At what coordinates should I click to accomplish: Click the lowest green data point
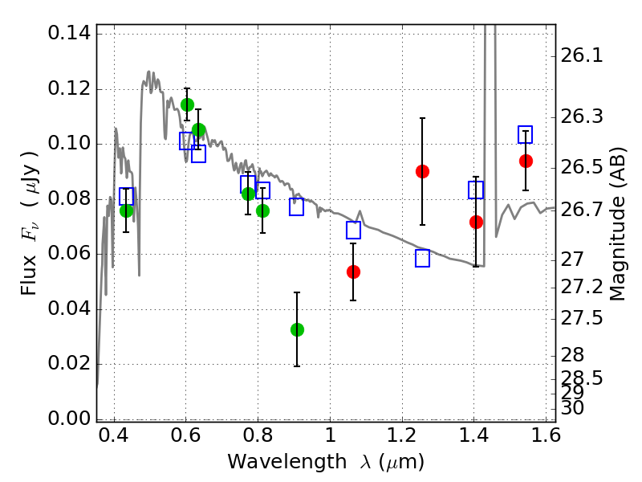point(297,329)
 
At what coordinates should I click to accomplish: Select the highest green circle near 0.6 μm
point(187,105)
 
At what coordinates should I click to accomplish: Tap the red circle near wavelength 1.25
point(422,171)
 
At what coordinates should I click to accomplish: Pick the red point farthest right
point(526,161)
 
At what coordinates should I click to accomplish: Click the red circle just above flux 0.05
point(353,272)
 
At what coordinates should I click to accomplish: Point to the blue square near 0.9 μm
point(296,207)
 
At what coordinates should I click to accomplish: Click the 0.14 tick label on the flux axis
point(69,33)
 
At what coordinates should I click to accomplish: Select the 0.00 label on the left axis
point(69,419)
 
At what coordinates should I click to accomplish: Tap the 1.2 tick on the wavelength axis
point(402,435)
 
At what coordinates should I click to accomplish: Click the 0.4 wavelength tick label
point(114,435)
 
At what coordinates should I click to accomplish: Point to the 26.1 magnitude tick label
point(581,55)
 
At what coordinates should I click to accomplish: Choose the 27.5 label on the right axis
point(581,318)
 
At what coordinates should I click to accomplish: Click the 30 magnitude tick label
point(572,408)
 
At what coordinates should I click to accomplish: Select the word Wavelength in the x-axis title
point(287,462)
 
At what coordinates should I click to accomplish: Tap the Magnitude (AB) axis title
point(617,224)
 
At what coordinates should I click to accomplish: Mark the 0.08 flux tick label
point(69,199)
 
